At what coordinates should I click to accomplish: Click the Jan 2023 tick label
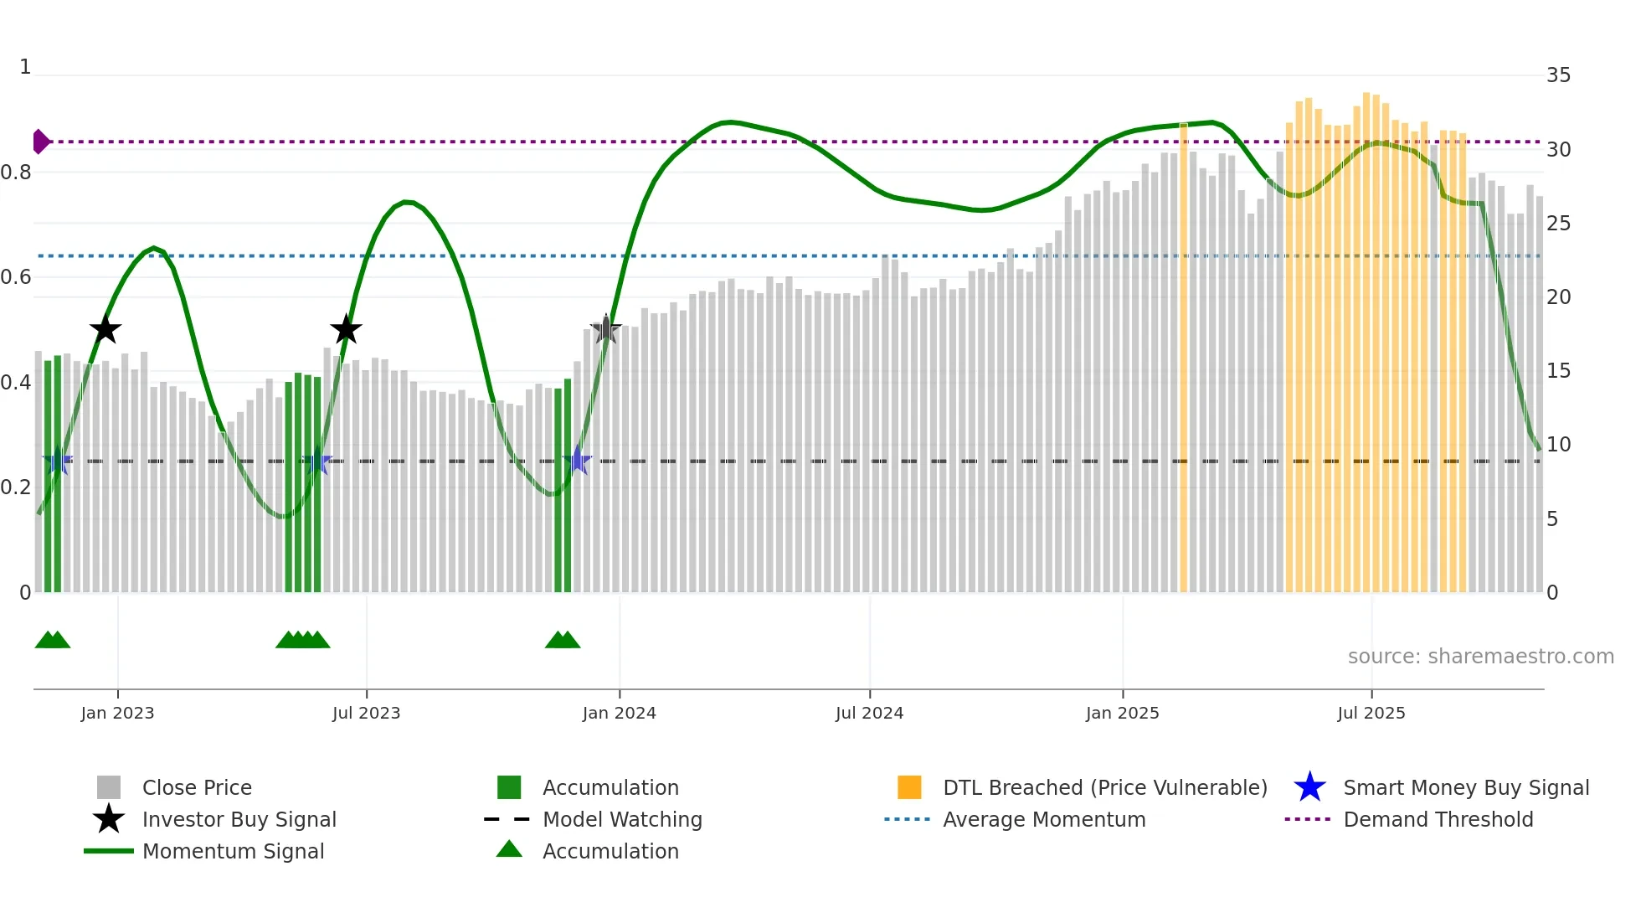[x=117, y=713]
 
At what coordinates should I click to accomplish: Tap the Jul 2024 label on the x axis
[x=869, y=713]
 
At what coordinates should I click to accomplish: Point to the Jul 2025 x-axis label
[x=1371, y=713]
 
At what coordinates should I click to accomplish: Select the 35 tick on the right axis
[x=1558, y=75]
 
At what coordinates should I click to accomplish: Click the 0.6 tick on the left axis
[x=16, y=277]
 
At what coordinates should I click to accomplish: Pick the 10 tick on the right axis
[x=1558, y=445]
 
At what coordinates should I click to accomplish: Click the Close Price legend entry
[x=197, y=787]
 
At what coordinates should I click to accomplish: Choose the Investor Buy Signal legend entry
[x=239, y=819]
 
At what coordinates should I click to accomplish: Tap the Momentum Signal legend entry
[x=233, y=851]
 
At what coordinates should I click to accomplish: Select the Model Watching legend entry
[x=622, y=819]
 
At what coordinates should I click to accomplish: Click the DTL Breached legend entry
[x=1104, y=787]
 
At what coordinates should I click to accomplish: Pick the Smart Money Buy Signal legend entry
[x=1465, y=787]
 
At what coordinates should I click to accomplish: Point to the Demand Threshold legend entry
[x=1438, y=819]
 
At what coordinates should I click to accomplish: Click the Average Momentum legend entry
[x=1043, y=819]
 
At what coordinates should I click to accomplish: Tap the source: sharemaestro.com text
[x=1480, y=656]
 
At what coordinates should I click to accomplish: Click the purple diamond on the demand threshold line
[x=40, y=142]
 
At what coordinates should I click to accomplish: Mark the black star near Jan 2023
[x=105, y=329]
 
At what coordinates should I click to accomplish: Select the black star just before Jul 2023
[x=346, y=329]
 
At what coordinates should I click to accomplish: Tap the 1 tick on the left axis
[x=25, y=67]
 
